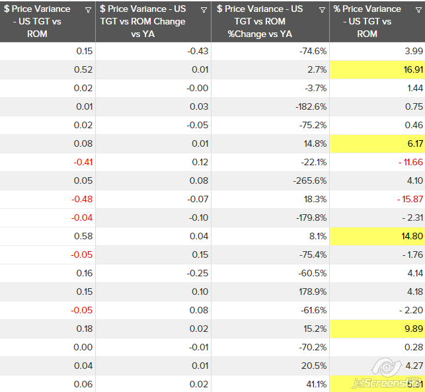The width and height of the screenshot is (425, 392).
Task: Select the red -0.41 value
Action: [x=83, y=162]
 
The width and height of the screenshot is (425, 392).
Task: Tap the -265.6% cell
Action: [x=310, y=180]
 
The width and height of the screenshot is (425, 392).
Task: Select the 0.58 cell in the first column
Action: [x=84, y=236]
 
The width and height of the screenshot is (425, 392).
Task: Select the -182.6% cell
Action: [x=310, y=106]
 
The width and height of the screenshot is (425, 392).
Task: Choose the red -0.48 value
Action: [x=83, y=199]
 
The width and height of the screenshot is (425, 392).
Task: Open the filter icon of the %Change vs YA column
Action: [x=322, y=10]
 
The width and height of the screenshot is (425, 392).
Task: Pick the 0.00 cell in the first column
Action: [x=84, y=347]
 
